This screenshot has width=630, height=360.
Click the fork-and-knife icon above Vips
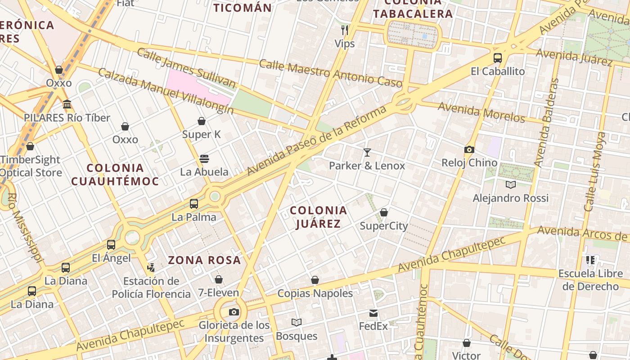click(x=345, y=30)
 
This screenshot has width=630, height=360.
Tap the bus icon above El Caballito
click(x=498, y=58)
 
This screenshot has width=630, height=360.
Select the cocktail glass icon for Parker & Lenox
click(x=367, y=153)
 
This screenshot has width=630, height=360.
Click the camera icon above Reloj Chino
click(x=469, y=149)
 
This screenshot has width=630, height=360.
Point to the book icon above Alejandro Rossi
click(x=510, y=184)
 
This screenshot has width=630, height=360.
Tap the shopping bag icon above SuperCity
click(x=384, y=212)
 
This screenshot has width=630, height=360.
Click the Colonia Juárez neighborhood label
click(x=318, y=217)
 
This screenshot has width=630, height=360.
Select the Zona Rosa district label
click(x=204, y=260)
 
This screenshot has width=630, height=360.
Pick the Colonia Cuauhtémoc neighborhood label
click(x=115, y=175)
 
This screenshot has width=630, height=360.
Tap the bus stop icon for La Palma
click(x=194, y=204)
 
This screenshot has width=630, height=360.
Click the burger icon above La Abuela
click(x=204, y=159)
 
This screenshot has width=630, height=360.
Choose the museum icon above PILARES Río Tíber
click(x=67, y=104)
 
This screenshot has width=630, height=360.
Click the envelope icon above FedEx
click(x=373, y=313)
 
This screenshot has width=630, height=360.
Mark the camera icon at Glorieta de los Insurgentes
click(x=234, y=312)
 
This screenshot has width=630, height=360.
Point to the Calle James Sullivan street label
click(x=186, y=68)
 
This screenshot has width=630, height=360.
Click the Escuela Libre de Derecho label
click(x=590, y=280)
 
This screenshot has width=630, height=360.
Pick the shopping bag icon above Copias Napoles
click(x=315, y=280)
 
